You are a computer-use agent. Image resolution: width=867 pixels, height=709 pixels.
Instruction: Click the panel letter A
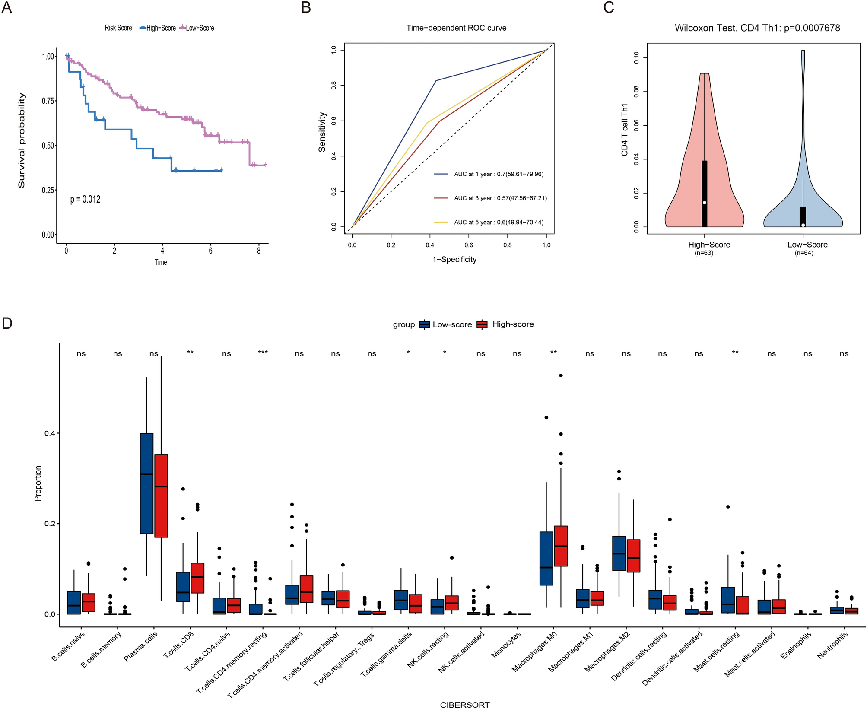[x=7, y=7]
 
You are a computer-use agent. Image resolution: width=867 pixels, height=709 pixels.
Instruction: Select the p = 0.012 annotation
[x=85, y=200]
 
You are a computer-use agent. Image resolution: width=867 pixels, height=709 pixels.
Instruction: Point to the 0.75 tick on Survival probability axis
[x=48, y=101]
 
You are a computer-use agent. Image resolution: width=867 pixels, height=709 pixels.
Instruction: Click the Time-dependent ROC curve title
[x=456, y=28]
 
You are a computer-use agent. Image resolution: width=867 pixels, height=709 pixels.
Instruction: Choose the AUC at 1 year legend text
[x=499, y=175]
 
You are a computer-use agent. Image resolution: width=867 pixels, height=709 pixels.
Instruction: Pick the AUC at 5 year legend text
[x=499, y=223]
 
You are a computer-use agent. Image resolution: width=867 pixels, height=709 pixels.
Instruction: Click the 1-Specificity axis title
[x=454, y=260]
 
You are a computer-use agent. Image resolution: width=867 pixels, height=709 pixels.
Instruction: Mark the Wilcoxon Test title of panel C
[x=757, y=29]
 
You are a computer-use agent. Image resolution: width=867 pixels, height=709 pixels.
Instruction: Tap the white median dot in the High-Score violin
[x=705, y=203]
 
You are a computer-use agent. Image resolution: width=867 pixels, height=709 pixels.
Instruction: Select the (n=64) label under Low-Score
[x=803, y=253]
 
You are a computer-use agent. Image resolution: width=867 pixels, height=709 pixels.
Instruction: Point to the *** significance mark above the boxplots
[x=263, y=353]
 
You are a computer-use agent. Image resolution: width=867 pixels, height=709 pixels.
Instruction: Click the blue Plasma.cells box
[x=147, y=483]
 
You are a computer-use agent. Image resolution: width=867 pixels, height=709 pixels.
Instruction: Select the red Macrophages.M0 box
[x=561, y=546]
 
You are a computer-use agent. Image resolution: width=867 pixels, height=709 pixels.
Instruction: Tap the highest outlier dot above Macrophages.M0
[x=561, y=375]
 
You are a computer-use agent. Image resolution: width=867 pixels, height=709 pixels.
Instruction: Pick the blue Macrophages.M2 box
[x=619, y=553]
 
